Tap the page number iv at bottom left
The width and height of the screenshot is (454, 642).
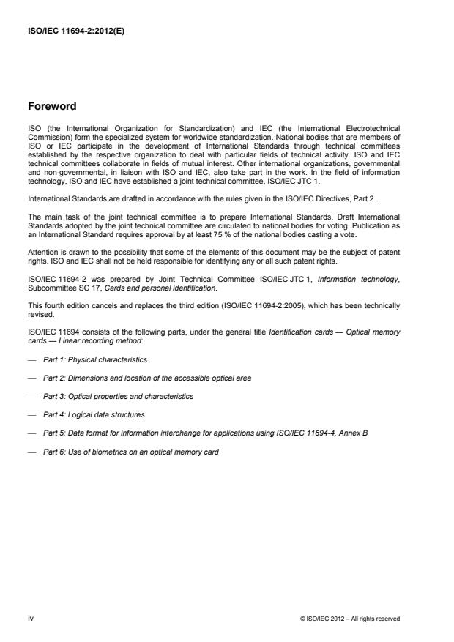point(31,619)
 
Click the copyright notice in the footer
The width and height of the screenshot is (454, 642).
point(350,619)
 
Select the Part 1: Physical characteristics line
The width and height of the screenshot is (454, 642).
point(95,359)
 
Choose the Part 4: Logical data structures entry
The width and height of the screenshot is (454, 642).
point(95,414)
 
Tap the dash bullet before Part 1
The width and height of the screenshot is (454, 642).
point(31,359)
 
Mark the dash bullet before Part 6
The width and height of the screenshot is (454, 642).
point(31,450)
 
